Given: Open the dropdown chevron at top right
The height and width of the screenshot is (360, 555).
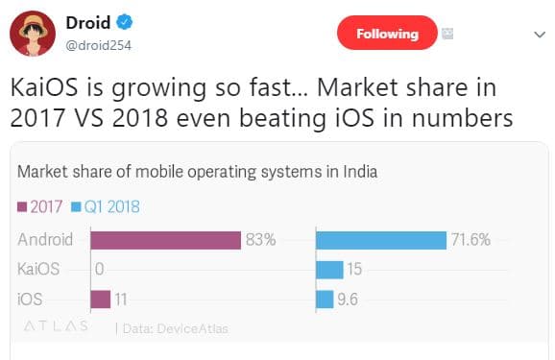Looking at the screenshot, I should coord(537,34).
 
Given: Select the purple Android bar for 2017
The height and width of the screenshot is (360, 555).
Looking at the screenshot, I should coord(164,240).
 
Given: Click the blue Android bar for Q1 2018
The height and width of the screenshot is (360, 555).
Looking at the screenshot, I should coord(380,240).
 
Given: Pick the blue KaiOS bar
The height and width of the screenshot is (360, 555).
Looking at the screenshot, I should coord(329,270).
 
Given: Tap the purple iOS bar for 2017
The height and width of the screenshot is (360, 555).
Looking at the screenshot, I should coord(101,300).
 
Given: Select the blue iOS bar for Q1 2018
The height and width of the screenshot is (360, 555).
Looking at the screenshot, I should coord(325,300).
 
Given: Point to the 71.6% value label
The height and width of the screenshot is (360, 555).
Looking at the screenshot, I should coord(471,240).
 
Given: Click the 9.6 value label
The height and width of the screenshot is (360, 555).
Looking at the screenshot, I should coord(348,300).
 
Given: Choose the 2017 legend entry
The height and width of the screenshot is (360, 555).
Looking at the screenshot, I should coord(40,204).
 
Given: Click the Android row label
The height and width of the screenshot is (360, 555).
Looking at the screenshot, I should coord(45,240).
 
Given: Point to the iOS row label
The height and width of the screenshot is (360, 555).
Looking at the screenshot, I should coord(30,300).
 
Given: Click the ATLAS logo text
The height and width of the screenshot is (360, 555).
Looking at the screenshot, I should coord(56,326).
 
